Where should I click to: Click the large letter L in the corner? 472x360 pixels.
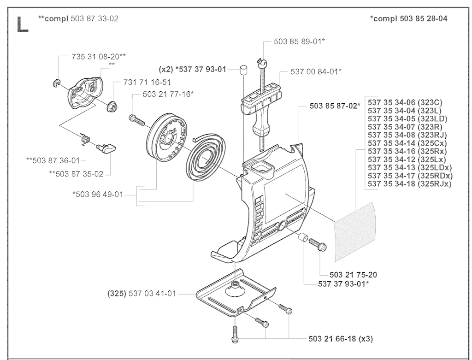pyautogui.click(x=23, y=24)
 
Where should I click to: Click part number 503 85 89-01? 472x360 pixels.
pyautogui.click(x=299, y=41)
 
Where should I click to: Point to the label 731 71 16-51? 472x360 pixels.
pyautogui.click(x=147, y=83)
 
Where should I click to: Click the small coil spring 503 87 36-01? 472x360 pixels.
pyautogui.click(x=85, y=140)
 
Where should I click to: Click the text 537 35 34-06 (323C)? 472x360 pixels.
pyautogui.click(x=405, y=102)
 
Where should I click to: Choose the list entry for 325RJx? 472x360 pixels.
pyautogui.click(x=410, y=184)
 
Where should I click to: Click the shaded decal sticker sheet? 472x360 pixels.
pyautogui.click(x=355, y=232)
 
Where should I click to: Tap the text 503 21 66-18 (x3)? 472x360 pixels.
pyautogui.click(x=341, y=339)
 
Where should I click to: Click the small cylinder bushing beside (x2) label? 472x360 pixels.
pyautogui.click(x=244, y=70)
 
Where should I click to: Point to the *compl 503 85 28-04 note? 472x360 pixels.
pyautogui.click(x=408, y=18)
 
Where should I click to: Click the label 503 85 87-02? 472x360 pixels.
pyautogui.click(x=335, y=106)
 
